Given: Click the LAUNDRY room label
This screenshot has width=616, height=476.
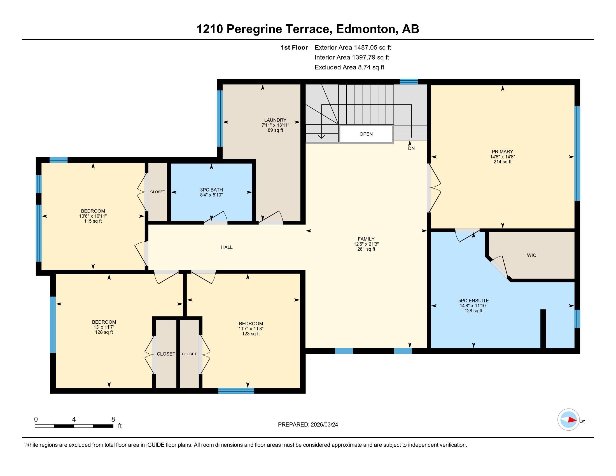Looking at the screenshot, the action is [275, 120].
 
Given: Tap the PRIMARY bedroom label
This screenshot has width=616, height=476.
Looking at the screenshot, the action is [502, 152].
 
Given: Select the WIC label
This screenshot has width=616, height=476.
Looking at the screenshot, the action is [531, 255].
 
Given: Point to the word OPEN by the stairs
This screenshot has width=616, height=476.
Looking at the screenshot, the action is [366, 134].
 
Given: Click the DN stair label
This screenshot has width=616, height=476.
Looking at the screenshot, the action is [411, 148].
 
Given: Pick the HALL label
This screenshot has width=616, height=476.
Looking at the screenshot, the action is [227, 247].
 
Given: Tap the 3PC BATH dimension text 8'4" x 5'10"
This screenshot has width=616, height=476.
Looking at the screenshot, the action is [211, 195].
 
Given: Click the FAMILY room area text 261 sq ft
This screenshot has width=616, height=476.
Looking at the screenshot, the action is [366, 249].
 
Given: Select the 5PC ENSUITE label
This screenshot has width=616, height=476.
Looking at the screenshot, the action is [473, 301].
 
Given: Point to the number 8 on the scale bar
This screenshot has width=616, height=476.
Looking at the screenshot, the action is [113, 419].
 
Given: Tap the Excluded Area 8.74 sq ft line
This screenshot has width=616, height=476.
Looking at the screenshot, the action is [349, 67].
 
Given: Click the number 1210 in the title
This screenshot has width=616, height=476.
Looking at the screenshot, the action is [209, 29].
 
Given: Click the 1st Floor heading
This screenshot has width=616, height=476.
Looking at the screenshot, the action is [294, 48].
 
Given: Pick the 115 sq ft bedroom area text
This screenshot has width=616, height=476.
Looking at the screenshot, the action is [93, 221].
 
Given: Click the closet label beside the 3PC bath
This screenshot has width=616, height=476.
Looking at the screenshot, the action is [158, 192].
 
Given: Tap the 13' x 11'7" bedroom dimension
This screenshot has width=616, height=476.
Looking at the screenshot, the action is [104, 327].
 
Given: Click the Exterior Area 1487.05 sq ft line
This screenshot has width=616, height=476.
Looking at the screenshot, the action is [353, 48].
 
